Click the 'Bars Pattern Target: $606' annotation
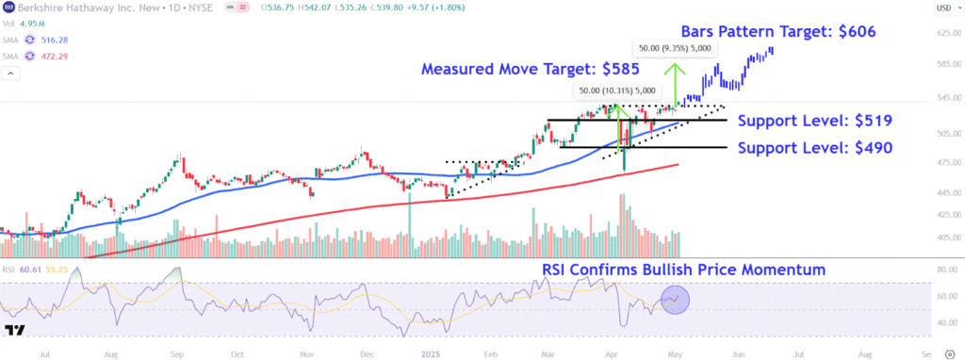pos(780,31)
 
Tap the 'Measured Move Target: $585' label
pos(531,69)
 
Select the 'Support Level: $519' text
pos(814,121)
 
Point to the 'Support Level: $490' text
pos(814,148)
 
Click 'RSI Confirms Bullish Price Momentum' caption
pos(683,270)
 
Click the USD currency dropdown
pos(941,8)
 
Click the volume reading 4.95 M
pos(36,24)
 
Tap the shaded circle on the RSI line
pos(676,301)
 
